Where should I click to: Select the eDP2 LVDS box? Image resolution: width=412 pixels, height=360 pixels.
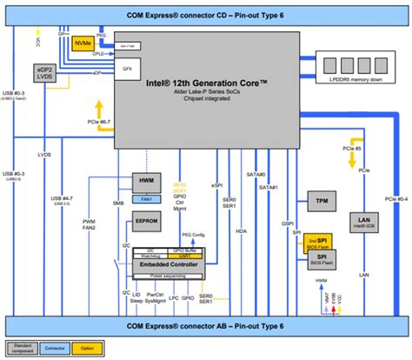tap(45, 74)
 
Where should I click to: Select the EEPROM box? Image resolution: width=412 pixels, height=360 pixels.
tap(145, 222)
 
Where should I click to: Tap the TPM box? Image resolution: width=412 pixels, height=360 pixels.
tap(319, 199)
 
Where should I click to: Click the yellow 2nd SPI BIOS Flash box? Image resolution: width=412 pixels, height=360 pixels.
tap(316, 241)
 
